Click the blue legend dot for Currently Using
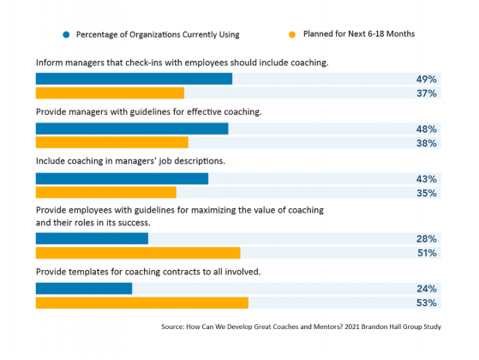point(65,34)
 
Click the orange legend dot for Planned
point(291,34)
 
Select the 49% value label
point(427,79)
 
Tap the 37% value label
point(427,93)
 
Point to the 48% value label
point(427,129)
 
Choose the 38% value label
point(427,143)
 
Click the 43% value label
point(427,178)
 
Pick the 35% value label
point(427,193)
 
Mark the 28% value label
point(427,238)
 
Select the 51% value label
point(427,253)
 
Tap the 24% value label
point(427,288)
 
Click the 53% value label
point(427,303)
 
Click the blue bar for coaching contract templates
point(84,288)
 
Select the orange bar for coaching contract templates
point(141,303)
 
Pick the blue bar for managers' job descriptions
point(122,178)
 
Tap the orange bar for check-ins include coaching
point(110,93)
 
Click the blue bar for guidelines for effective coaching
point(132,129)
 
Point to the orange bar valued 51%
point(137,253)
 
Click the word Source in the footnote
point(172,327)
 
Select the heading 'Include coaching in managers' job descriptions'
point(129,160)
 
